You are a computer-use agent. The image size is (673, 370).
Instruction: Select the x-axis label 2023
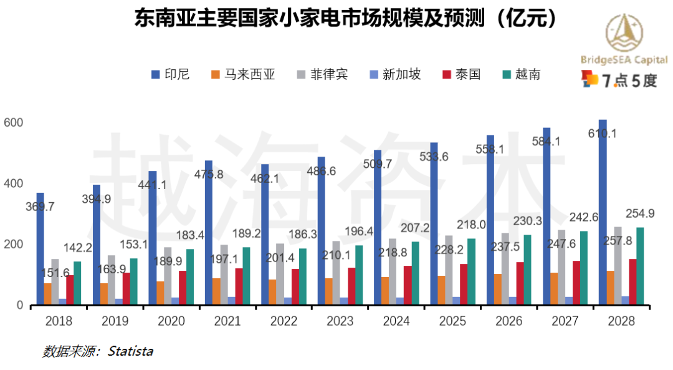(x=340, y=321)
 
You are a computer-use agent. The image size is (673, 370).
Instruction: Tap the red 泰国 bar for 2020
(x=183, y=287)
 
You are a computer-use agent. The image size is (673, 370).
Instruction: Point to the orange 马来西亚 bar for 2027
(x=554, y=288)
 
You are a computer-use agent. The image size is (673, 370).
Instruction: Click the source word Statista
(x=130, y=351)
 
